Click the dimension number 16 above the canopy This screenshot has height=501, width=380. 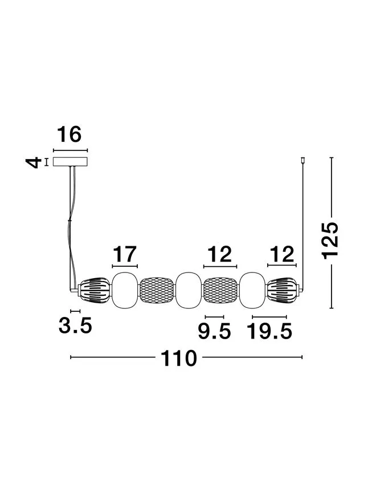pos(70,135)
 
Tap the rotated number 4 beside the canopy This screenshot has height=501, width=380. pos(34,162)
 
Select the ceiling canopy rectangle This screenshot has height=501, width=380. pos(70,162)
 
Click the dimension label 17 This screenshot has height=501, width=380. pos(125,254)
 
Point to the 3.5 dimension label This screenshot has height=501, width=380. pos(75,325)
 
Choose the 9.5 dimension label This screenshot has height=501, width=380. pos(214,331)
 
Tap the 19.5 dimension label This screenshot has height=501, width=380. pos(270,331)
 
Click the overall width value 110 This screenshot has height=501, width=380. pos(178,358)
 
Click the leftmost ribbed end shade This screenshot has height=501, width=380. pos(95,291)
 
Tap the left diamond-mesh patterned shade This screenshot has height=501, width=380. pos(157,291)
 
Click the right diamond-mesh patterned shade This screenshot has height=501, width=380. pos(220,291)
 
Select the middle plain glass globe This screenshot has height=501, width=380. pos(189,291)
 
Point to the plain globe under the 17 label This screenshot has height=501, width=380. pos(125,291)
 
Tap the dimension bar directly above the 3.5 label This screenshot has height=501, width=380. pos(75,311)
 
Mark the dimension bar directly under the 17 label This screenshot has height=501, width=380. pos(125,266)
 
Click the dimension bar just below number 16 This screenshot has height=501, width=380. pos(70,150)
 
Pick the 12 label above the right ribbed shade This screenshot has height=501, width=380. pos(282,254)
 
